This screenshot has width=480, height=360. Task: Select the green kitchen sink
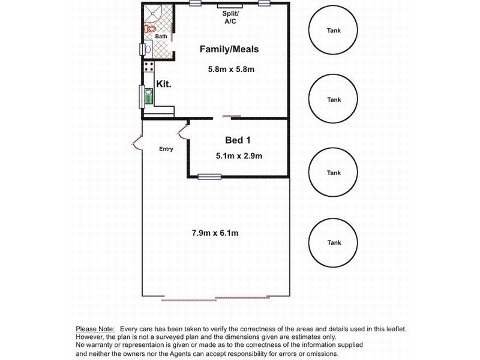click(148, 96)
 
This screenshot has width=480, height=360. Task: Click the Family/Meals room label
click(229, 49)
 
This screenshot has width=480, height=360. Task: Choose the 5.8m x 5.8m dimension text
click(231, 70)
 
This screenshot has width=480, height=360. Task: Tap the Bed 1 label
click(238, 140)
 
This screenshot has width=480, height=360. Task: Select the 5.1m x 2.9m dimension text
click(239, 157)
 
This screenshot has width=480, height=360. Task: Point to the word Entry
click(166, 149)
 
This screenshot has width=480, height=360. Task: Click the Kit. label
click(164, 85)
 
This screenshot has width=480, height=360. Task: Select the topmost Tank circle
click(334, 30)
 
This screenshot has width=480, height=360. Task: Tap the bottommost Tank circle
click(334, 243)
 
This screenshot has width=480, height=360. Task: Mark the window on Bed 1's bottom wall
click(210, 176)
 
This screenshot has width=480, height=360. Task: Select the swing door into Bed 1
click(182, 133)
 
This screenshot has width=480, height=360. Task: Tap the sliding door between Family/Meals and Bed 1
click(230, 117)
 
